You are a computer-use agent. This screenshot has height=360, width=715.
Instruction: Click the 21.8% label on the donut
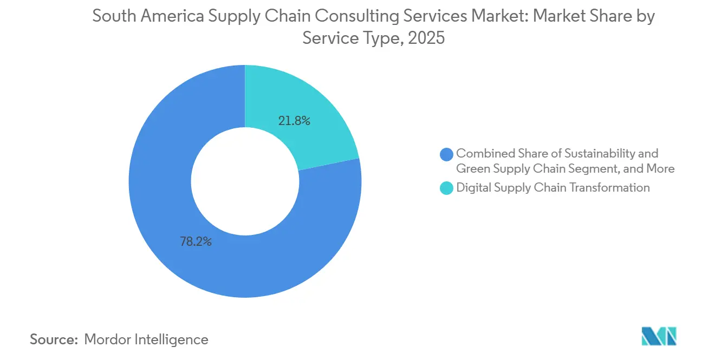(x=294, y=121)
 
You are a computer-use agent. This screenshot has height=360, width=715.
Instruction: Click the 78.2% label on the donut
(x=196, y=242)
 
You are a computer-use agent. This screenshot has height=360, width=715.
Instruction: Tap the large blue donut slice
(x=162, y=217)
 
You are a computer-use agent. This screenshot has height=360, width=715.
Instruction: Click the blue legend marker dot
(x=447, y=154)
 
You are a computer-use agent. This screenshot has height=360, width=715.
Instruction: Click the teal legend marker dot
(x=447, y=188)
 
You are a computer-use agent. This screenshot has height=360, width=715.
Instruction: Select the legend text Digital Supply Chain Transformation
(x=552, y=188)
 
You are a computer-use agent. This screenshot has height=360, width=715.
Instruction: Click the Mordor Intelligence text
(x=146, y=339)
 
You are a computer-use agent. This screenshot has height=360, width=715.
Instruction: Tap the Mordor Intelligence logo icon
(x=659, y=336)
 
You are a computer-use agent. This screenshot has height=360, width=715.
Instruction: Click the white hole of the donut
(x=245, y=181)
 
